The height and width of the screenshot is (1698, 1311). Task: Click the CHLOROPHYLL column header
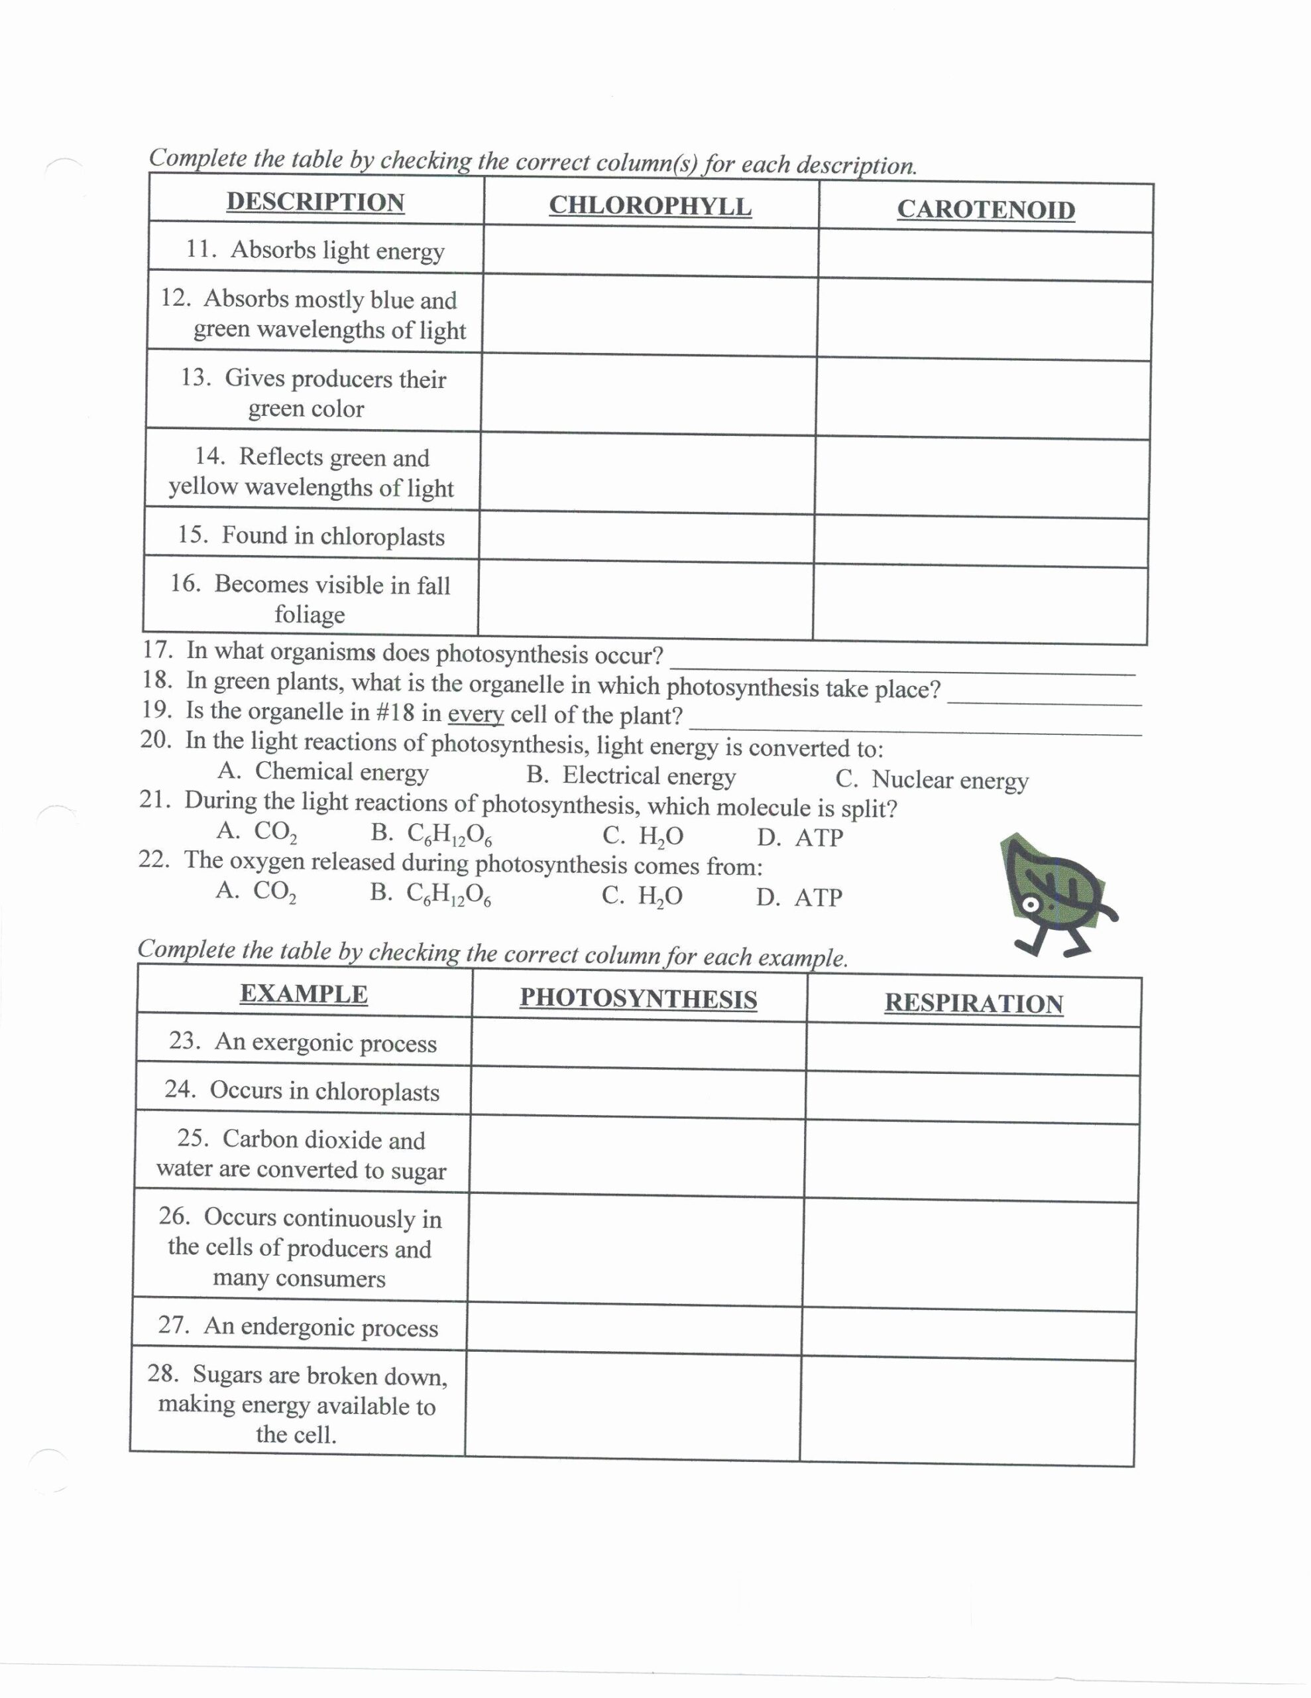(x=650, y=206)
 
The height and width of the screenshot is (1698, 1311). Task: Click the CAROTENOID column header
(x=986, y=209)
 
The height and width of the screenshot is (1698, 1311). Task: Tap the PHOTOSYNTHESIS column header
(x=638, y=998)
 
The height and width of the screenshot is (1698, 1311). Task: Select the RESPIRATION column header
(x=973, y=1003)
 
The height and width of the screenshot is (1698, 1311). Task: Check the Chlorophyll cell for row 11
(x=650, y=251)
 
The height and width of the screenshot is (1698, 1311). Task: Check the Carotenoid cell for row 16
(x=980, y=602)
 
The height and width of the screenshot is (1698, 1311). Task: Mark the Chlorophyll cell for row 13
(x=648, y=395)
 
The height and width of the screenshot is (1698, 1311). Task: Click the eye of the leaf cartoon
(x=1031, y=905)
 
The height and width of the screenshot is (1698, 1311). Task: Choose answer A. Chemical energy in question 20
(x=323, y=771)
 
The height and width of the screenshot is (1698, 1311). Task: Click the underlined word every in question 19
(x=476, y=713)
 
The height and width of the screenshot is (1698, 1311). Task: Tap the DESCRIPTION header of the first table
(x=315, y=202)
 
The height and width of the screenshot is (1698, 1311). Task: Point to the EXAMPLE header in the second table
(x=303, y=994)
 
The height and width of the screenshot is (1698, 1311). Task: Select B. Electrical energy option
(x=630, y=775)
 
